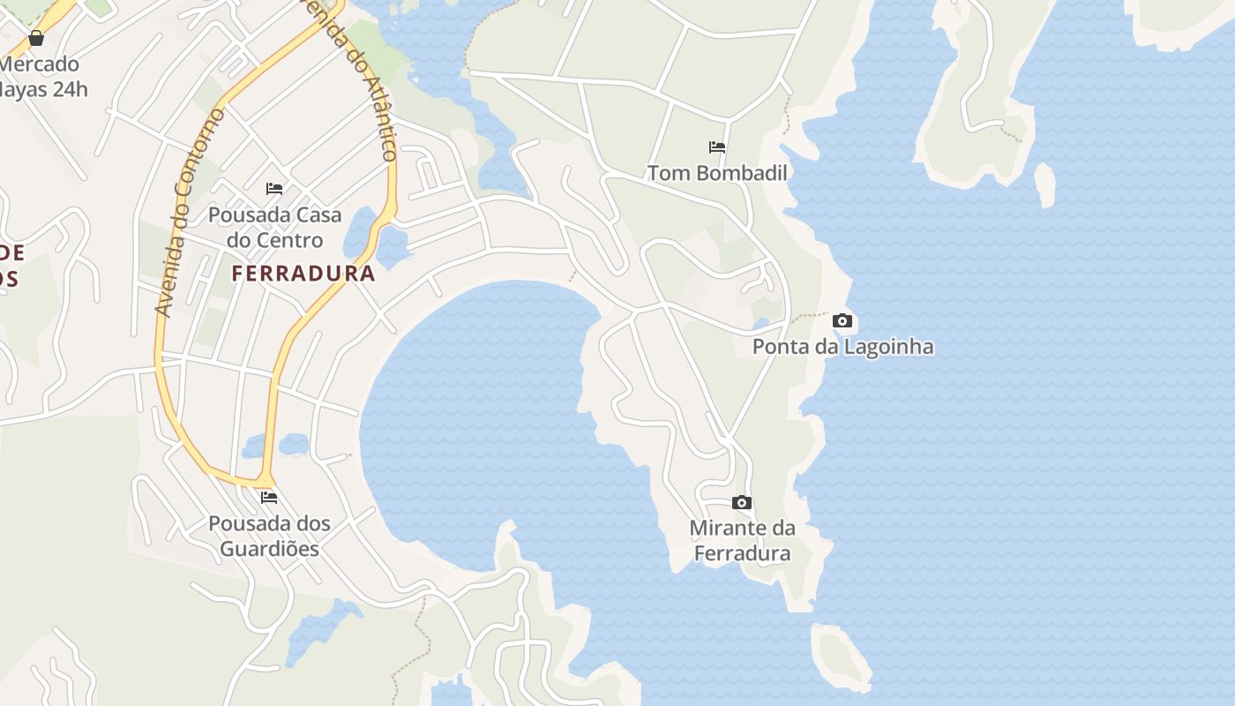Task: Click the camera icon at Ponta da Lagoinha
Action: point(842,321)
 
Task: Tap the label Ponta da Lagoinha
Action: point(842,347)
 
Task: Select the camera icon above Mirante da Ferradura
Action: point(742,503)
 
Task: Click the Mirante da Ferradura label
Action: point(742,541)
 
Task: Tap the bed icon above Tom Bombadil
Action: point(717,147)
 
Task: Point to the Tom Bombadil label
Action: point(717,173)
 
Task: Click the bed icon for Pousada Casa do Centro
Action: point(274,189)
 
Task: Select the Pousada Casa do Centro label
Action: point(274,228)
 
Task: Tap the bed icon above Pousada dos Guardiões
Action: point(269,498)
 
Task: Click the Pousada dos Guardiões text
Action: point(269,536)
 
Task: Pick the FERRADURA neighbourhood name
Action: point(303,274)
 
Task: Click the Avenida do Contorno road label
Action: point(189,212)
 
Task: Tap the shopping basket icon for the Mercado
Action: point(36,38)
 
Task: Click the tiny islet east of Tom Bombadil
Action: point(1044,184)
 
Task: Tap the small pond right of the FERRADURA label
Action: point(393,246)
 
